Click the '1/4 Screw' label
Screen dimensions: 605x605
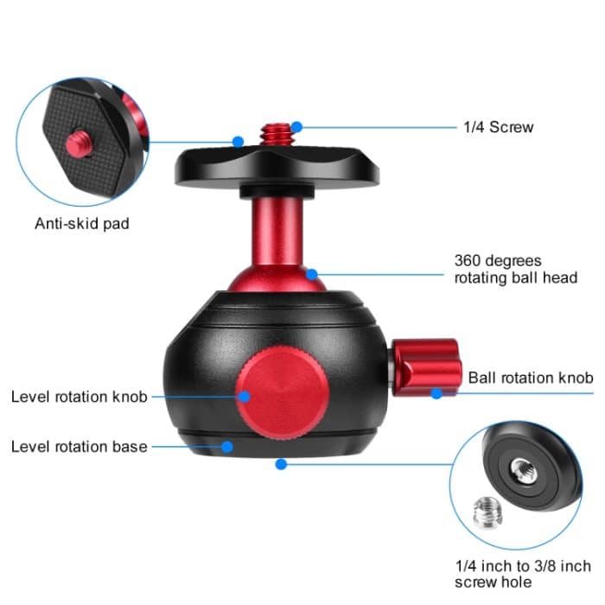pos(498,127)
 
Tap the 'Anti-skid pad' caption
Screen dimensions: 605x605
pos(82,224)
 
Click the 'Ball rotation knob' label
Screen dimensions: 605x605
pos(530,378)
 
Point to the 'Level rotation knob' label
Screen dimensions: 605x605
pos(80,397)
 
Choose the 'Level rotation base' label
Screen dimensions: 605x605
pos(80,447)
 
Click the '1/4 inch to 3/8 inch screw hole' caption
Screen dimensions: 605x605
pos(523,574)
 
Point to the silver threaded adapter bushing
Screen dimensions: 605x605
pos(491,517)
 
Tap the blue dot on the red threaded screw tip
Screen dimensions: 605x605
pos(296,127)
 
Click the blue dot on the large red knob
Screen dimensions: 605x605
pos(245,397)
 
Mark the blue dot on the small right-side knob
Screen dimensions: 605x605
pos(437,393)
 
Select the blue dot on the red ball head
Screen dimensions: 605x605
pos(313,275)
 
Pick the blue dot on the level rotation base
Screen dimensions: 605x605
pos(227,447)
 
